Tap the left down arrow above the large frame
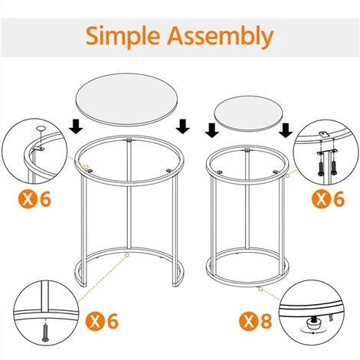point(74,124)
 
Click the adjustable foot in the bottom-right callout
point(314,325)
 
